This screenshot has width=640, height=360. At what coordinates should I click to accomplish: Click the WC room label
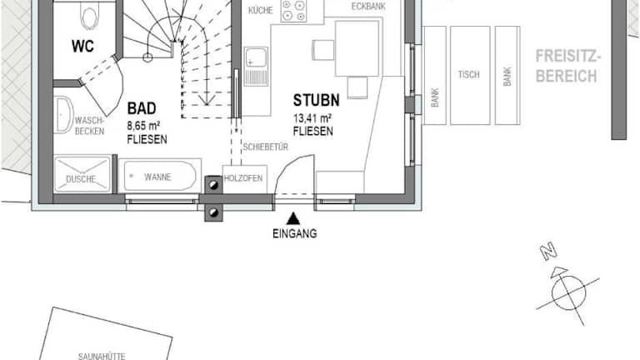(x=82, y=46)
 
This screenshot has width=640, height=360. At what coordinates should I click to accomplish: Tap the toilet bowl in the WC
(x=90, y=17)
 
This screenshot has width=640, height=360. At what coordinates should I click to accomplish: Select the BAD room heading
(x=141, y=108)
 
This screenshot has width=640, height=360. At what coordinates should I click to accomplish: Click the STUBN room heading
(x=316, y=100)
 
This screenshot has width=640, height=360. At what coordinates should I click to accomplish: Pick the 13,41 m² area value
(x=312, y=118)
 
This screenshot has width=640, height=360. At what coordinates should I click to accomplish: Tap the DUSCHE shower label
(x=81, y=179)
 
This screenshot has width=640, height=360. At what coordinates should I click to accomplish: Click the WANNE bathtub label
(x=157, y=177)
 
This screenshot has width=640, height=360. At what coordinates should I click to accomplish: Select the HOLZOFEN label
(x=243, y=178)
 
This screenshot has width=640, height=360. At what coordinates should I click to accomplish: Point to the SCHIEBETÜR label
(x=266, y=147)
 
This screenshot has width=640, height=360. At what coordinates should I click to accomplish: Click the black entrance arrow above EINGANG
(x=292, y=219)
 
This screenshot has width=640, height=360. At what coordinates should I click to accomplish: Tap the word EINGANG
(x=295, y=233)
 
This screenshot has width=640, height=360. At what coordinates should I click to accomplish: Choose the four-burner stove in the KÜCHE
(x=293, y=11)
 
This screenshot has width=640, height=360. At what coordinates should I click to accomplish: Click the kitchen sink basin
(x=256, y=58)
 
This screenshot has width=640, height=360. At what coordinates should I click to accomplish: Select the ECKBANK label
(x=368, y=7)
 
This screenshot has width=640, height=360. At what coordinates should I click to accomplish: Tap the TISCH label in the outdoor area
(x=468, y=75)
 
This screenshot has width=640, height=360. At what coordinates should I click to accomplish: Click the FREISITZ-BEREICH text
(x=567, y=66)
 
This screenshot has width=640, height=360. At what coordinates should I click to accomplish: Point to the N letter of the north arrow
(x=548, y=251)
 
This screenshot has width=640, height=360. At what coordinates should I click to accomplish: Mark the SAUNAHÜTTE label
(x=102, y=357)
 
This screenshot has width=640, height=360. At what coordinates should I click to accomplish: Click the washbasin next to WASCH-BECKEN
(x=62, y=115)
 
